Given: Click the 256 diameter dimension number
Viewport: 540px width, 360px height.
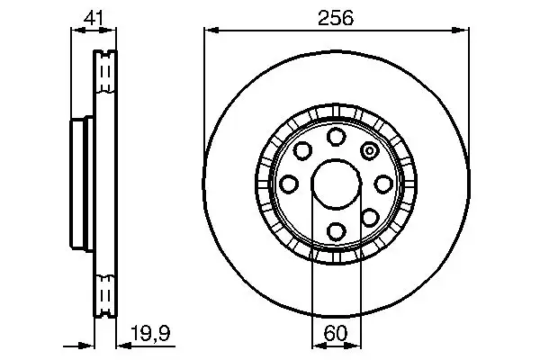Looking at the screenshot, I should click(336, 17).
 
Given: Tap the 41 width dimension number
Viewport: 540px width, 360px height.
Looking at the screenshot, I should click(91, 17).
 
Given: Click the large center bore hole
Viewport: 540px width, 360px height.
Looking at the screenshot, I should click(336, 184).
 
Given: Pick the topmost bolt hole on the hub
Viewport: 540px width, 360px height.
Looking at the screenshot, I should click(336, 136).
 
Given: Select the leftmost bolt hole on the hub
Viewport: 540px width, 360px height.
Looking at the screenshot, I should click(288, 184).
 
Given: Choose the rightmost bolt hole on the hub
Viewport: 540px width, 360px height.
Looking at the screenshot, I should click(383, 184).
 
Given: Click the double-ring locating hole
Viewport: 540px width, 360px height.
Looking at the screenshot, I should click(369, 150).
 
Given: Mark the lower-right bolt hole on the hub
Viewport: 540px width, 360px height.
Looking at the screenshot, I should click(369, 218).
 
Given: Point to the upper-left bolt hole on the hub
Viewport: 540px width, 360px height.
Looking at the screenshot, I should click(302, 150).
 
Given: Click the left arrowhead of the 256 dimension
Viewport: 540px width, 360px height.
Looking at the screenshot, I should click(208, 31).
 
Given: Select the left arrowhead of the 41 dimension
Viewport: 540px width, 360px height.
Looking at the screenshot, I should click(75, 31).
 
